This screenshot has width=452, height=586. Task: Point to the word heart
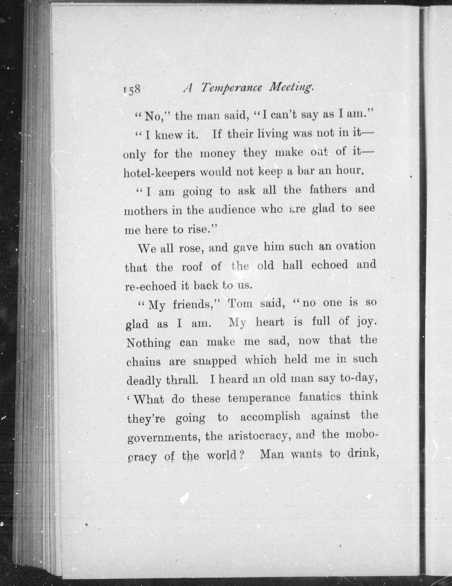coord(269,322)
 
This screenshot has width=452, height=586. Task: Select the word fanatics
coord(320,397)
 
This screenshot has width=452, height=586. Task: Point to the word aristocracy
coord(258,436)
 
